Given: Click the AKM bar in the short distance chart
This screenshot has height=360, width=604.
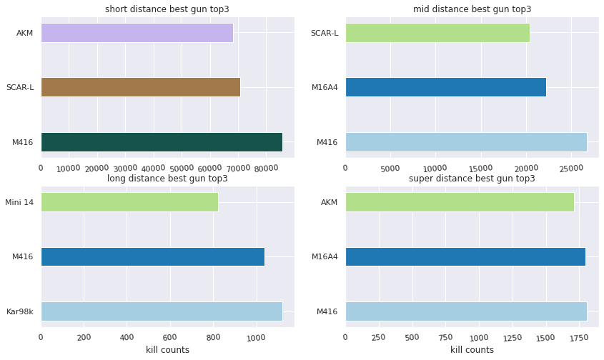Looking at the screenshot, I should click(x=137, y=33).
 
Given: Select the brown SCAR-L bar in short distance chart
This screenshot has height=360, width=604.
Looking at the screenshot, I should click(x=140, y=87).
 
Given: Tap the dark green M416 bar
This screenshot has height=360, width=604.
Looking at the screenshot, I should click(x=162, y=141).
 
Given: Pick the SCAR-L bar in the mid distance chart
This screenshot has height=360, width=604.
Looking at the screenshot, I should click(x=437, y=33).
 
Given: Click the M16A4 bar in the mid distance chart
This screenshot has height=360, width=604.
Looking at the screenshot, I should click(x=445, y=87).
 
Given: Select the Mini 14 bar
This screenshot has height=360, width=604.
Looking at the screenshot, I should click(x=129, y=202).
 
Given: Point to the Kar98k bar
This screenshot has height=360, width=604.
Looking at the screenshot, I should click(x=162, y=311).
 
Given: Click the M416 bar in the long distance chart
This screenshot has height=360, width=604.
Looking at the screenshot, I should click(x=152, y=256).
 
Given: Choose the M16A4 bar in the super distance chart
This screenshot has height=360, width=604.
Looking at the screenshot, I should click(x=465, y=256).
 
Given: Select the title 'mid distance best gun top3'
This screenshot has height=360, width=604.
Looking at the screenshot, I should click(x=472, y=9).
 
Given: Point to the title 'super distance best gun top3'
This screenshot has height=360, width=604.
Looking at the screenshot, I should click(x=472, y=178).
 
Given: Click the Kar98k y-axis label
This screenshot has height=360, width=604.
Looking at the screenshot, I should click(x=20, y=311).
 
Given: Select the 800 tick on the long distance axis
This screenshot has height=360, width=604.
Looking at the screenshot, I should click(x=213, y=336).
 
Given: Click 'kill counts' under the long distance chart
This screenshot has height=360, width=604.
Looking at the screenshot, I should click(x=167, y=349).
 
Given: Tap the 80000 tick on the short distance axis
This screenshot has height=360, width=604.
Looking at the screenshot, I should click(x=266, y=168).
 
